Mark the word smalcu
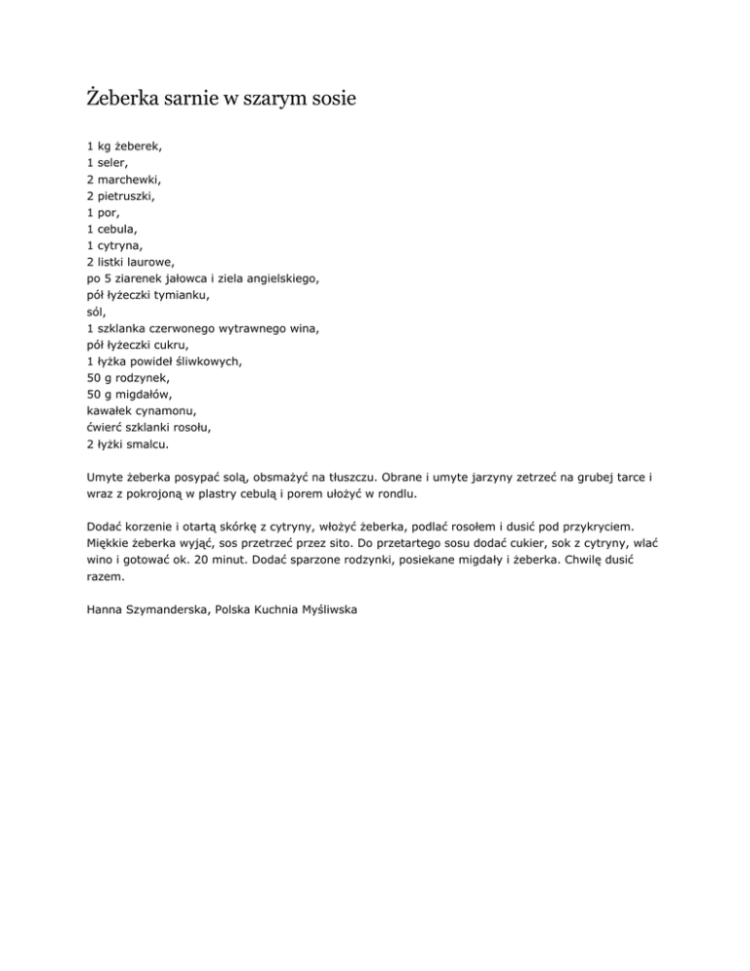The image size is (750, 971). (142, 444)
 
